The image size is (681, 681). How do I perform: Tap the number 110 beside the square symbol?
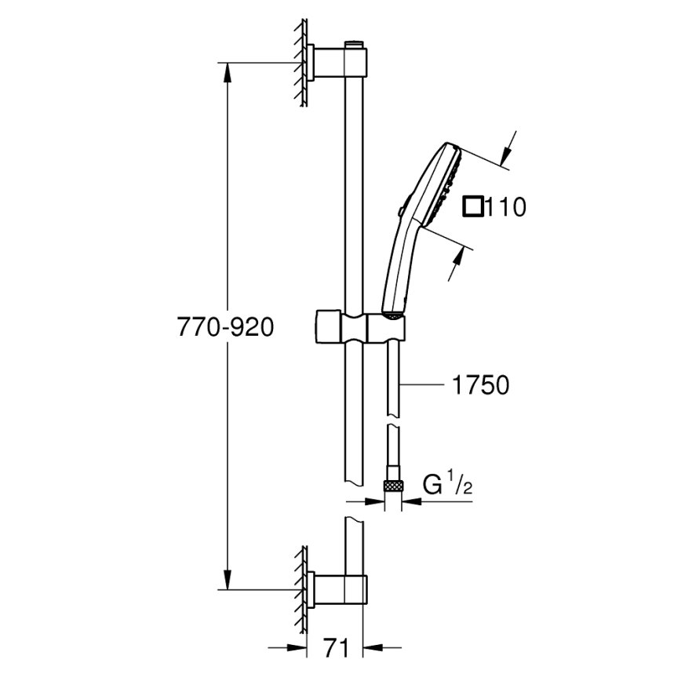click(504, 207)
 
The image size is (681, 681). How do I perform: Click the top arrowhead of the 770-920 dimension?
click(228, 70)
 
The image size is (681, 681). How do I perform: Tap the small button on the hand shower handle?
click(400, 209)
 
